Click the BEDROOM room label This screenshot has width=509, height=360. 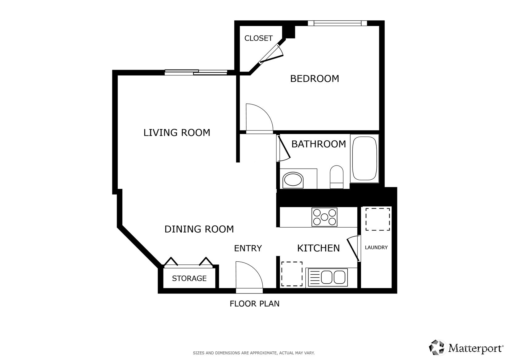coord(314,79)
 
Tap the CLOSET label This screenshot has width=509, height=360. coord(258,38)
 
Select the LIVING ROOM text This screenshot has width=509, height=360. coord(177,133)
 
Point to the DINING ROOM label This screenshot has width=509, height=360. coord(199,229)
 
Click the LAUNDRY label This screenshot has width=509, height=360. coord(376,247)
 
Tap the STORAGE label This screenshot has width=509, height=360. coord(189,278)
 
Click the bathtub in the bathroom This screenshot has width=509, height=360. coord(365,158)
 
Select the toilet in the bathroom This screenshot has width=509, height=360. coord(337,177)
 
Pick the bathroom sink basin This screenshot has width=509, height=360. coord(293,180)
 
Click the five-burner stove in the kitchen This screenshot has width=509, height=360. coord(324,217)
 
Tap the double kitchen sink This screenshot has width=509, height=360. coord(333,277)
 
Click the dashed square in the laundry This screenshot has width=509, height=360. coord(378,219)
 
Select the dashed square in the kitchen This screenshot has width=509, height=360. coord(292,274)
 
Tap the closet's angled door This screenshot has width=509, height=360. coord(270,54)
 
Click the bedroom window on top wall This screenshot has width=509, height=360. coord(337,23)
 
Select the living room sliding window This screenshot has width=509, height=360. coord(196,72)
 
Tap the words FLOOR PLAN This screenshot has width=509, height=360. coord(254,304)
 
